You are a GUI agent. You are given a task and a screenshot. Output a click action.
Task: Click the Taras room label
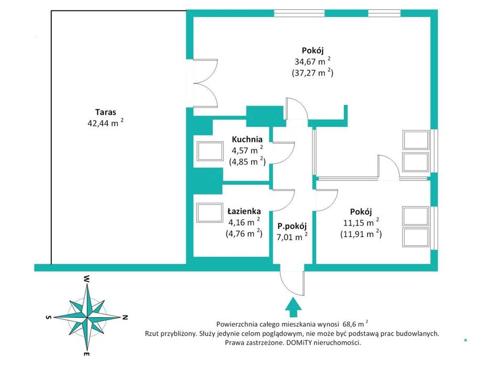[x=106, y=112]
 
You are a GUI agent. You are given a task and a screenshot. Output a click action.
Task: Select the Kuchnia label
[x=247, y=139]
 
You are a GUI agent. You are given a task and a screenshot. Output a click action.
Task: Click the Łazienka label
[x=244, y=211]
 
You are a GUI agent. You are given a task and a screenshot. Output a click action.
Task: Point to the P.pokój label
[x=292, y=226]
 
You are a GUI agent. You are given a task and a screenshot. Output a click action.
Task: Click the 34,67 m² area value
[x=312, y=61]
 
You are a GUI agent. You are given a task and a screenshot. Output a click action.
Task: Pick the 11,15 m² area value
[x=361, y=222]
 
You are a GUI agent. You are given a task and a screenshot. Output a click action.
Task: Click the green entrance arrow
[x=293, y=307]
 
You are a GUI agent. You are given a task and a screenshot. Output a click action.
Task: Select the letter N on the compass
[x=125, y=317]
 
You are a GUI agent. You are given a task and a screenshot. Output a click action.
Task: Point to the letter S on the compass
[x=48, y=317]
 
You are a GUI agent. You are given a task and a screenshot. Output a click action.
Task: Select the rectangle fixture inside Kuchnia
[x=210, y=152]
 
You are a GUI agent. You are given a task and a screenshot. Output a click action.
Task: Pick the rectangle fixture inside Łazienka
[x=210, y=213]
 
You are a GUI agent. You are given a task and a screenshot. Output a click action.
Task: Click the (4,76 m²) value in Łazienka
[x=244, y=233]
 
